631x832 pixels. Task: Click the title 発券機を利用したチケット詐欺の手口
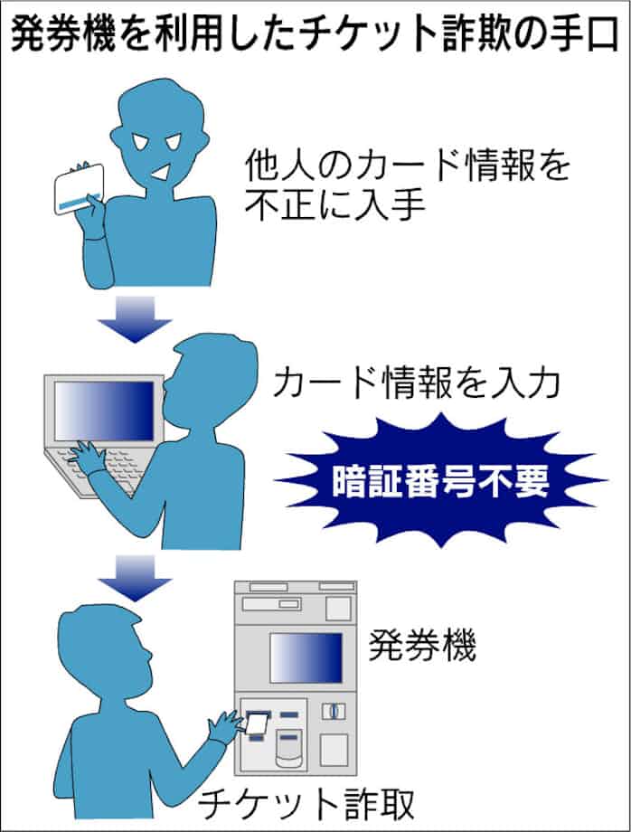[x=315, y=33]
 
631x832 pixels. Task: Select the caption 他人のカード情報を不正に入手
[x=407, y=184]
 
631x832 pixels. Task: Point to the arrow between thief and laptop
[x=135, y=319]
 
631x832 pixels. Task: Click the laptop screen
[x=104, y=411]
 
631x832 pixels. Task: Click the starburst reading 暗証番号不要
[x=440, y=481]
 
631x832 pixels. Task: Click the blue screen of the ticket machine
[x=306, y=658]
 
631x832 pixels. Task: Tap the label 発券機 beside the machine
[x=422, y=647]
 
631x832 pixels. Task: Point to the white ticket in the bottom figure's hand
[x=257, y=724]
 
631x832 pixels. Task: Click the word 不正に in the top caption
[x=297, y=204]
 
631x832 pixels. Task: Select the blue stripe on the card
[x=79, y=202]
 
